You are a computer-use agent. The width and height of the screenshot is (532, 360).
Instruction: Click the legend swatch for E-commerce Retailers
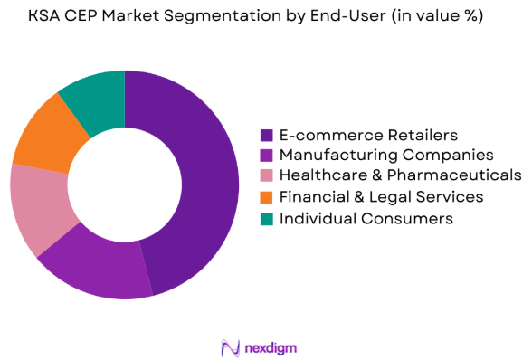point(267,135)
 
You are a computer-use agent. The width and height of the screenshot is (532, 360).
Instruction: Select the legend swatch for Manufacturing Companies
point(267,156)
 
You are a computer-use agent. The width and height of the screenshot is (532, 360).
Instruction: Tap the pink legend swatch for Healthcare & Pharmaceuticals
point(267,176)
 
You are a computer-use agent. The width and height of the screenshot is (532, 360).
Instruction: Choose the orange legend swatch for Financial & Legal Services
point(267,197)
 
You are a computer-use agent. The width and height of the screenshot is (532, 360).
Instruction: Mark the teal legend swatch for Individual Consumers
point(267,218)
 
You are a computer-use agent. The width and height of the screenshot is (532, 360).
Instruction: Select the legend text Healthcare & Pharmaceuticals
point(400,176)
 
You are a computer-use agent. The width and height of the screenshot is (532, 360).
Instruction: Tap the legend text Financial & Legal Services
point(381,197)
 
